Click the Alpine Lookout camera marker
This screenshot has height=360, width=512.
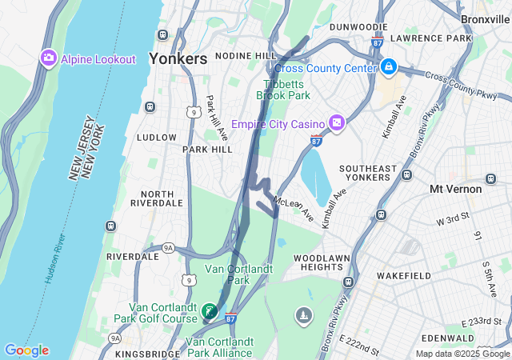48,58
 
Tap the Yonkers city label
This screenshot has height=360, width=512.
178,58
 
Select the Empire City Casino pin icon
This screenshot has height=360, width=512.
337,123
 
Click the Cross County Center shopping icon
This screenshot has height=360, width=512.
389,67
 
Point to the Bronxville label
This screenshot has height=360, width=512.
485,18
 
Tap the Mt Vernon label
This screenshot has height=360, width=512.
455,189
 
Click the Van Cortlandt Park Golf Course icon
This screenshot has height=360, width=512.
210,310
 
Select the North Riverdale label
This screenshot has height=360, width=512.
157,198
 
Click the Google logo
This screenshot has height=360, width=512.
26,350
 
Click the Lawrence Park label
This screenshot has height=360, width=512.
438,38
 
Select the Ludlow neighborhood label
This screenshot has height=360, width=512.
156,137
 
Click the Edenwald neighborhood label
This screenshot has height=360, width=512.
462,338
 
